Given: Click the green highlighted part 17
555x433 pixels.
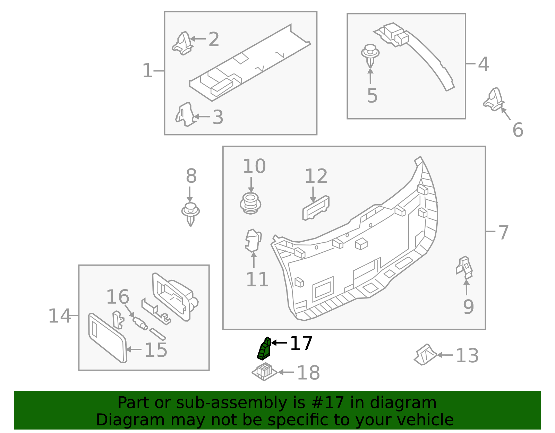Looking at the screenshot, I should [264, 349].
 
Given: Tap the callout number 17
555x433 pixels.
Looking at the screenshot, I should [301, 344].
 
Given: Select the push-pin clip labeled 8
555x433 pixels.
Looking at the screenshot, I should [190, 213].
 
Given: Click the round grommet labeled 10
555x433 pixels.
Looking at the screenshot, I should [250, 203].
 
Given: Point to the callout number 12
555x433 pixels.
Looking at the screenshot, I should [316, 176].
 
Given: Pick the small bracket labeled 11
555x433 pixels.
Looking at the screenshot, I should [253, 240].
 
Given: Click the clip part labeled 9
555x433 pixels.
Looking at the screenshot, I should [464, 267].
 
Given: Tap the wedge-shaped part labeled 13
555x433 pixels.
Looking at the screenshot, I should [425, 355].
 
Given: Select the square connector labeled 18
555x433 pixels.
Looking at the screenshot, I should [264, 372].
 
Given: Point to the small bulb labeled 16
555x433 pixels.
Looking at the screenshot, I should [140, 323].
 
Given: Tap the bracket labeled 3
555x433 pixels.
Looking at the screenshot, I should [185, 115].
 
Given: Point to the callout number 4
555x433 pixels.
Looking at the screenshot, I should [483, 64].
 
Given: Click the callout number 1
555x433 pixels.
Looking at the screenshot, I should [147, 71].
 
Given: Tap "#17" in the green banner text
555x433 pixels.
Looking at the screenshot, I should [325, 403].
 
